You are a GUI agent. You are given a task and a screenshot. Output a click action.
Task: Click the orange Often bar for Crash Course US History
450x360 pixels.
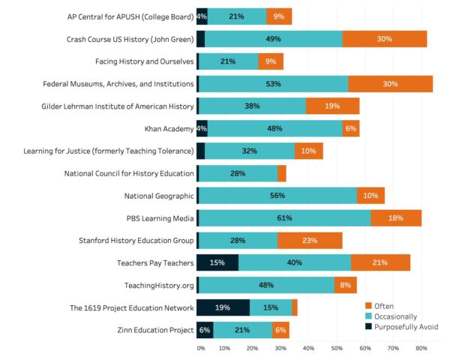[385, 39]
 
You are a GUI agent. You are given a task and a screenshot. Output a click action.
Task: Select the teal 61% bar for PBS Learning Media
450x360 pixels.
[284, 218]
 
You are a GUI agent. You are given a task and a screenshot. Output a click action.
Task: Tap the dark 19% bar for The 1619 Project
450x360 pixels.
[223, 307]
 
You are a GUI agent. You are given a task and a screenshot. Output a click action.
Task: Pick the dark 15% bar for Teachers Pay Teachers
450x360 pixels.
[217, 262]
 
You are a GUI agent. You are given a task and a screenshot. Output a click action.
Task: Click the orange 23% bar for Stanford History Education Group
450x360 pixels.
[310, 241]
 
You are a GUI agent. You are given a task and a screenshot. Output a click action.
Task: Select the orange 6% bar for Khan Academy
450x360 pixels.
[350, 128]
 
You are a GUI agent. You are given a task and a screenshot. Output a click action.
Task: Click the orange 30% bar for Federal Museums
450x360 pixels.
[390, 84]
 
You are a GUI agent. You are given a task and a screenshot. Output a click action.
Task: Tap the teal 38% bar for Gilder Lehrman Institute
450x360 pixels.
[252, 106]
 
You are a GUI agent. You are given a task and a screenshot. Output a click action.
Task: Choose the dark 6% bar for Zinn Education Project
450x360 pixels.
[205, 330]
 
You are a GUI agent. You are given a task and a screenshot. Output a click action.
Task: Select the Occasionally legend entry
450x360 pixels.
[394, 316]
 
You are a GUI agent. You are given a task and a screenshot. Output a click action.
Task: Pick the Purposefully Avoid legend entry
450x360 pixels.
[401, 327]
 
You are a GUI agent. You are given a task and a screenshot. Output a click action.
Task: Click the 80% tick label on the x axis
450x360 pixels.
[421, 349]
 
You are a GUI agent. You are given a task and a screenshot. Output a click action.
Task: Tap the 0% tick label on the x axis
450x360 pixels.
[200, 349]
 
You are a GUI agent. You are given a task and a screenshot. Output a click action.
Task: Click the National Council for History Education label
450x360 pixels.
[130, 173]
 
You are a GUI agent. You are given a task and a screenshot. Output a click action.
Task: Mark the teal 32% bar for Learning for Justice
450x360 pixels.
[250, 151]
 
